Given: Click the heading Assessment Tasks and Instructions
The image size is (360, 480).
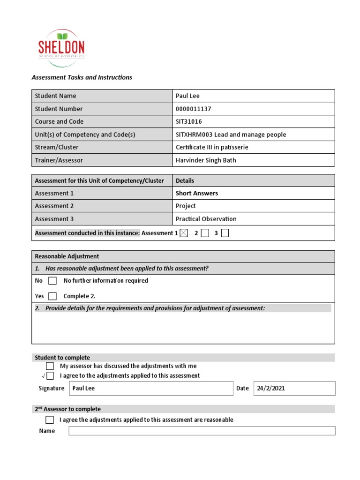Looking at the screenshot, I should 82,77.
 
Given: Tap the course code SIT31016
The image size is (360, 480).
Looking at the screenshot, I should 189,121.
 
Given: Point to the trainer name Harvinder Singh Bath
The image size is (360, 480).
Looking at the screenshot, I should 206,160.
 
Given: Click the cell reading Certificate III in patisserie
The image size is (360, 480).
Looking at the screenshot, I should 212,147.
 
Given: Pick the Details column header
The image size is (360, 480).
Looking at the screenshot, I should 185,180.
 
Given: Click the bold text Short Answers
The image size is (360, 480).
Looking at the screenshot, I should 196,193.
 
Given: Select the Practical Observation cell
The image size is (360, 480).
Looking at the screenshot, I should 206,219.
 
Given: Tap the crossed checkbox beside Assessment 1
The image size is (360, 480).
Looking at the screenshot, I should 184,233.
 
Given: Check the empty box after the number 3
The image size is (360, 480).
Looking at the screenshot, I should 225,233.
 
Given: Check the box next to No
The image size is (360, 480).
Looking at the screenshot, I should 52,281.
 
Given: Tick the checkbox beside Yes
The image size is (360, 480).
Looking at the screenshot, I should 52,296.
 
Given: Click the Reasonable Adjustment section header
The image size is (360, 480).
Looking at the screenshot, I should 67,256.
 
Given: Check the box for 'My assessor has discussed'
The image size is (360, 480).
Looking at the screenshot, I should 50,366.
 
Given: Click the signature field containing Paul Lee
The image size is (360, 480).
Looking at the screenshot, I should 151,388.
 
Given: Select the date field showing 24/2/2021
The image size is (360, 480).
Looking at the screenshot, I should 294,388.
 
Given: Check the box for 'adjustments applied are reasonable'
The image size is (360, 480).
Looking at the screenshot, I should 50,420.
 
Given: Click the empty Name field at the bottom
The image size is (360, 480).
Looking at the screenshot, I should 202,431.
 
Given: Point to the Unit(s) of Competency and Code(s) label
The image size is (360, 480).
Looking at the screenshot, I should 85,135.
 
